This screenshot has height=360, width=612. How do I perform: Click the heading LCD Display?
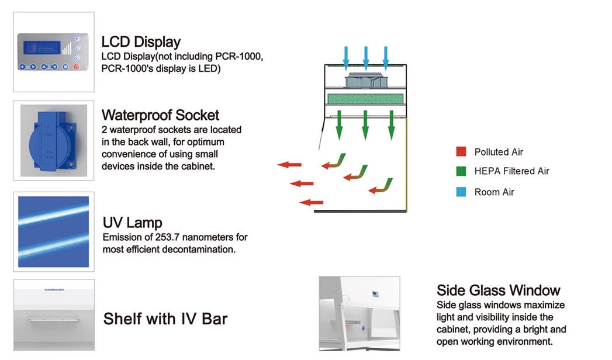141,43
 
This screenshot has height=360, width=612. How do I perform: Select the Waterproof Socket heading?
160,114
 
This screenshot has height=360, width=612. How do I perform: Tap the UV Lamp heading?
132,223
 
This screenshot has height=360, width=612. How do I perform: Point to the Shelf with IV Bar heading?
165,319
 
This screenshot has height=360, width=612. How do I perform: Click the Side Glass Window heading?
498,290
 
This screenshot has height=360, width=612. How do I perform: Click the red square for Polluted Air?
461,152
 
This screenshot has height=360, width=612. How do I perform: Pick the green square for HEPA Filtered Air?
461,171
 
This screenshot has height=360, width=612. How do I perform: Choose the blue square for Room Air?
461,191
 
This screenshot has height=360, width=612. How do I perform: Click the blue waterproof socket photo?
53,140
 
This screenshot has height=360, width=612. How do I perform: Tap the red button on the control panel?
76,67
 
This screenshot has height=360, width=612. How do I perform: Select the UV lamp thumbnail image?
53,232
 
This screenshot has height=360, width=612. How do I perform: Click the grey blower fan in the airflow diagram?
365,80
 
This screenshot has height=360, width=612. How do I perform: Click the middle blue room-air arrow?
365,57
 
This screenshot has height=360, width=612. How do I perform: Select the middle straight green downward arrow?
365,124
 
